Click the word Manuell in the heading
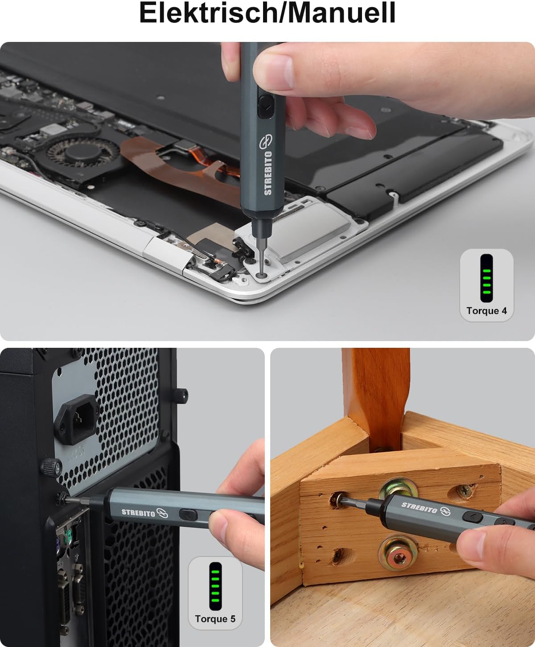click(340, 13)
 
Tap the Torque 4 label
click(486, 311)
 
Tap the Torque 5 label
click(215, 619)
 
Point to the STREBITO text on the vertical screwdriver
click(267, 173)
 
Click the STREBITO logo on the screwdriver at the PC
click(144, 513)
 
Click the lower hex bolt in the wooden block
click(398, 558)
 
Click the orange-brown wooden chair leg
click(376, 397)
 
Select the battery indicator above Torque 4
click(486, 278)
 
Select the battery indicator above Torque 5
click(215, 586)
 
